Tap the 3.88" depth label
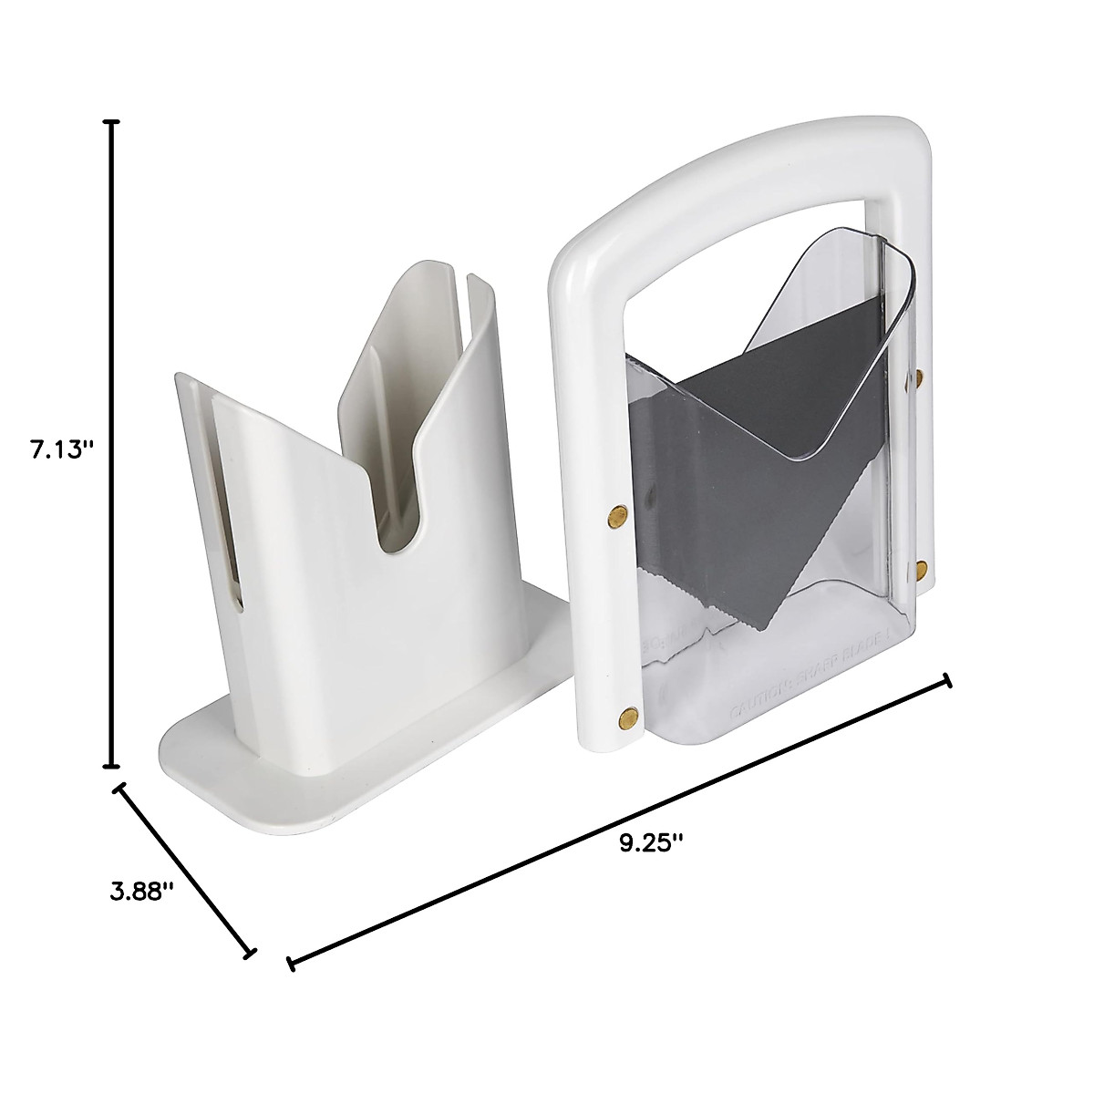tap(141, 891)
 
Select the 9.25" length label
tap(651, 842)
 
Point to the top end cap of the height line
tap(112, 122)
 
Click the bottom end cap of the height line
tap(112, 766)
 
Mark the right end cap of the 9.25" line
tap(947, 681)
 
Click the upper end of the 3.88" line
tap(119, 788)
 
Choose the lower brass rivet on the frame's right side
tap(921, 571)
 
